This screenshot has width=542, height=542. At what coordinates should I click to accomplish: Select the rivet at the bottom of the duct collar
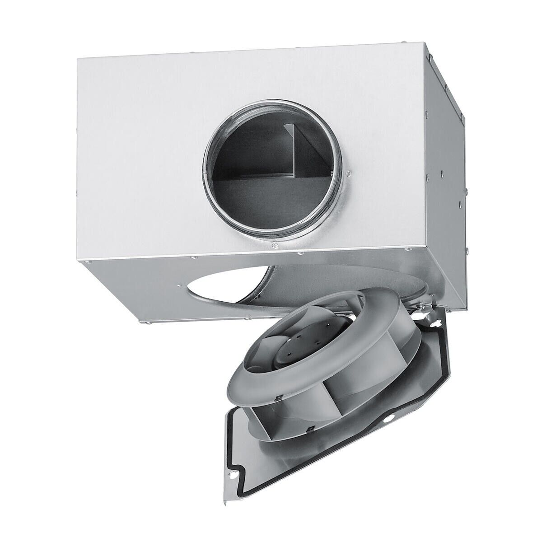pos(274,246)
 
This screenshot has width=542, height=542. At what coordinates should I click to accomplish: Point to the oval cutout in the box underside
pos(235,289)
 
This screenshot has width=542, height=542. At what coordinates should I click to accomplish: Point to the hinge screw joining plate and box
pos(420,307)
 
